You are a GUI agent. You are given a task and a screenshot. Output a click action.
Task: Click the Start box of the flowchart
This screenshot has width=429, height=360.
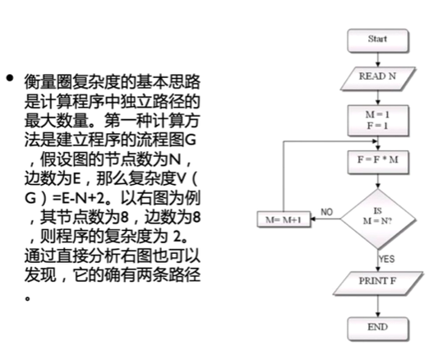tap(378, 40)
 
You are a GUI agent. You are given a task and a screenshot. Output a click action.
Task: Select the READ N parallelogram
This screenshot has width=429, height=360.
tap(378, 79)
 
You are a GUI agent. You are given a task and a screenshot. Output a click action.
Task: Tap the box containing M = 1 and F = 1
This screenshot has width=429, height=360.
tap(378, 121)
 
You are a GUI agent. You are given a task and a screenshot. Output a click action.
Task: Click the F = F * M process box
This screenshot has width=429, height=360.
tap(378, 162)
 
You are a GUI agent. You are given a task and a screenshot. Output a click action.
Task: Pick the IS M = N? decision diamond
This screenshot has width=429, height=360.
tap(378, 219)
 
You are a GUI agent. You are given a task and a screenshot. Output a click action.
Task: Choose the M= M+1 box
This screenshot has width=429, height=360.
tap(284, 219)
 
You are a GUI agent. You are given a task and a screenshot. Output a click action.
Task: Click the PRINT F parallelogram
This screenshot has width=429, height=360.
tap(378, 284)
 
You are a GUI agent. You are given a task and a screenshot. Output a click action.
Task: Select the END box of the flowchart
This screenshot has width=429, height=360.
tap(378, 329)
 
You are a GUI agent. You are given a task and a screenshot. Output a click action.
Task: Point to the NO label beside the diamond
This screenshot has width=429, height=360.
tap(326, 212)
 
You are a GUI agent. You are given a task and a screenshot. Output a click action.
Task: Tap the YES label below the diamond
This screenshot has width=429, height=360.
tap(387, 259)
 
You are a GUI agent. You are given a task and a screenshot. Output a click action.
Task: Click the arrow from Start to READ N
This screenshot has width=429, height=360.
tap(378, 60)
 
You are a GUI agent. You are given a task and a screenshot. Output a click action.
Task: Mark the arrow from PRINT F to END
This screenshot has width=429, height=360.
tap(378, 307)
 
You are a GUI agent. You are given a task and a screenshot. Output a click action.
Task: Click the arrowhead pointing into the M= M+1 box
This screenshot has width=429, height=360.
tap(313, 219)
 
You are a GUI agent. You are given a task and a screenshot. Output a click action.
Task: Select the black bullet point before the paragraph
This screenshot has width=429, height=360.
tap(10, 78)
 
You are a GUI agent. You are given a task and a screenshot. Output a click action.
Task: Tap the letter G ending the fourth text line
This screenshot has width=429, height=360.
tap(191, 140)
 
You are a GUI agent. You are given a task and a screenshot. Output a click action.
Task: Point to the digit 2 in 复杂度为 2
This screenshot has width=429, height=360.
tap(178, 236)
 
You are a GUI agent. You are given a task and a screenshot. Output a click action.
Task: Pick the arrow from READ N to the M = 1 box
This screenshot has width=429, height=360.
tap(378, 98)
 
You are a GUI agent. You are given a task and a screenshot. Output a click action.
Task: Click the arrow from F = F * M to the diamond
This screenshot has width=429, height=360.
tap(378, 182)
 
